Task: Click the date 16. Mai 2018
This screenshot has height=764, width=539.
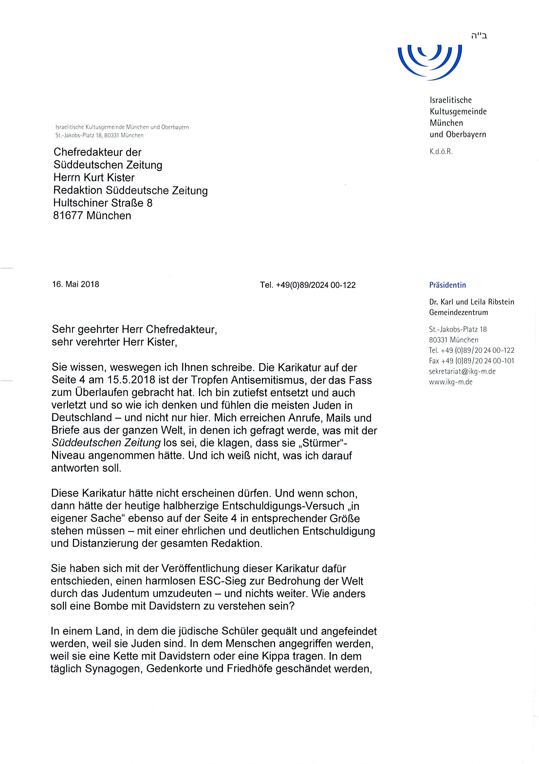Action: pos(76,284)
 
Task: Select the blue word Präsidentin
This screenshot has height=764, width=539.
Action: pos(447,285)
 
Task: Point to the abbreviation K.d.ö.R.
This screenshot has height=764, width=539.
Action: pos(441,152)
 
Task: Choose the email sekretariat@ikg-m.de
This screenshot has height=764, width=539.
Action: pos(462,371)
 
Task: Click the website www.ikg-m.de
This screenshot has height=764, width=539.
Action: pos(451,382)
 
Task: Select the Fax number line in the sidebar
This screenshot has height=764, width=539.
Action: pos(471,361)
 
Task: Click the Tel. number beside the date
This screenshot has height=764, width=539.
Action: pos(307,285)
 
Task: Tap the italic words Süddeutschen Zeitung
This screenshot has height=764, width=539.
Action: pos(106,443)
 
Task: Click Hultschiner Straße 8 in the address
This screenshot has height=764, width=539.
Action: pos(103,203)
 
